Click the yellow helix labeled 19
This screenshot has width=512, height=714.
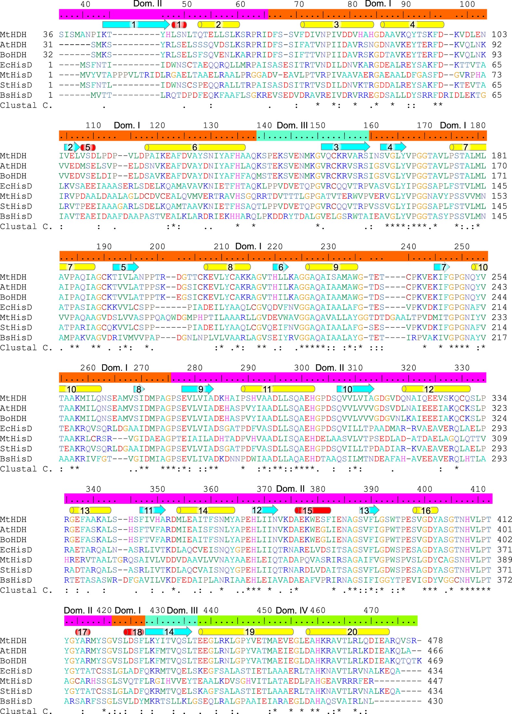pyautogui.click(x=246, y=632)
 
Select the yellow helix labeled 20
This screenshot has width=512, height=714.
pyautogui.click(x=348, y=632)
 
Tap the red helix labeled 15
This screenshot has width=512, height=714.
pyautogui.click(x=312, y=510)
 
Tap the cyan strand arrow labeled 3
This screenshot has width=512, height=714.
pyautogui.click(x=345, y=147)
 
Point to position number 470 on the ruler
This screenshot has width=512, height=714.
pyautogui.click(x=371, y=610)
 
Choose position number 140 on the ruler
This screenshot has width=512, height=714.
pyautogui.click(x=264, y=125)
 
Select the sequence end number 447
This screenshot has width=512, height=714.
pyautogui.click(x=435, y=681)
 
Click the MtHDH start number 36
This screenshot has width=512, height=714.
pyautogui.click(x=48, y=34)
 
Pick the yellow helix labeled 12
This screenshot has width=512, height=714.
pyautogui.click(x=436, y=389)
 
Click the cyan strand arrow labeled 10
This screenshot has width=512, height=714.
pyautogui.click(x=355, y=389)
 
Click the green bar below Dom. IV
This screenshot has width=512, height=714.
pyautogui.click(x=307, y=621)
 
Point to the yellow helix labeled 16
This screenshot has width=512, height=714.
pyautogui.click(x=425, y=510)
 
